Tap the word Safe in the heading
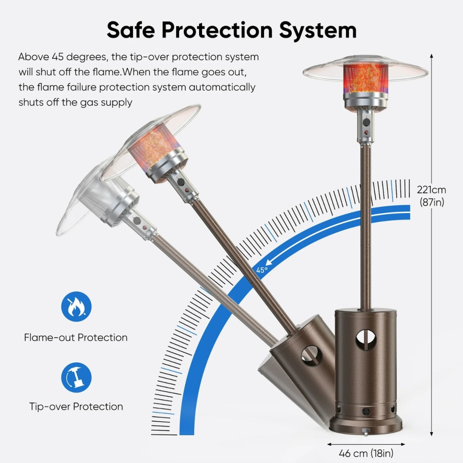click(x=131, y=30)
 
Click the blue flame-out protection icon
click(x=76, y=307)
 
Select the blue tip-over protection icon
click(x=76, y=377)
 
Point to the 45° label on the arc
click(x=262, y=270)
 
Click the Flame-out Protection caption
click(x=76, y=338)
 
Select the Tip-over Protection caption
click(x=76, y=407)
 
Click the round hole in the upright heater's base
click(x=366, y=340)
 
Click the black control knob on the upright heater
click(x=366, y=122)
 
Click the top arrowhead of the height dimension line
click(x=431, y=56)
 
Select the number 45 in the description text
click(x=57, y=57)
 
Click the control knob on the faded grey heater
click(x=137, y=220)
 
